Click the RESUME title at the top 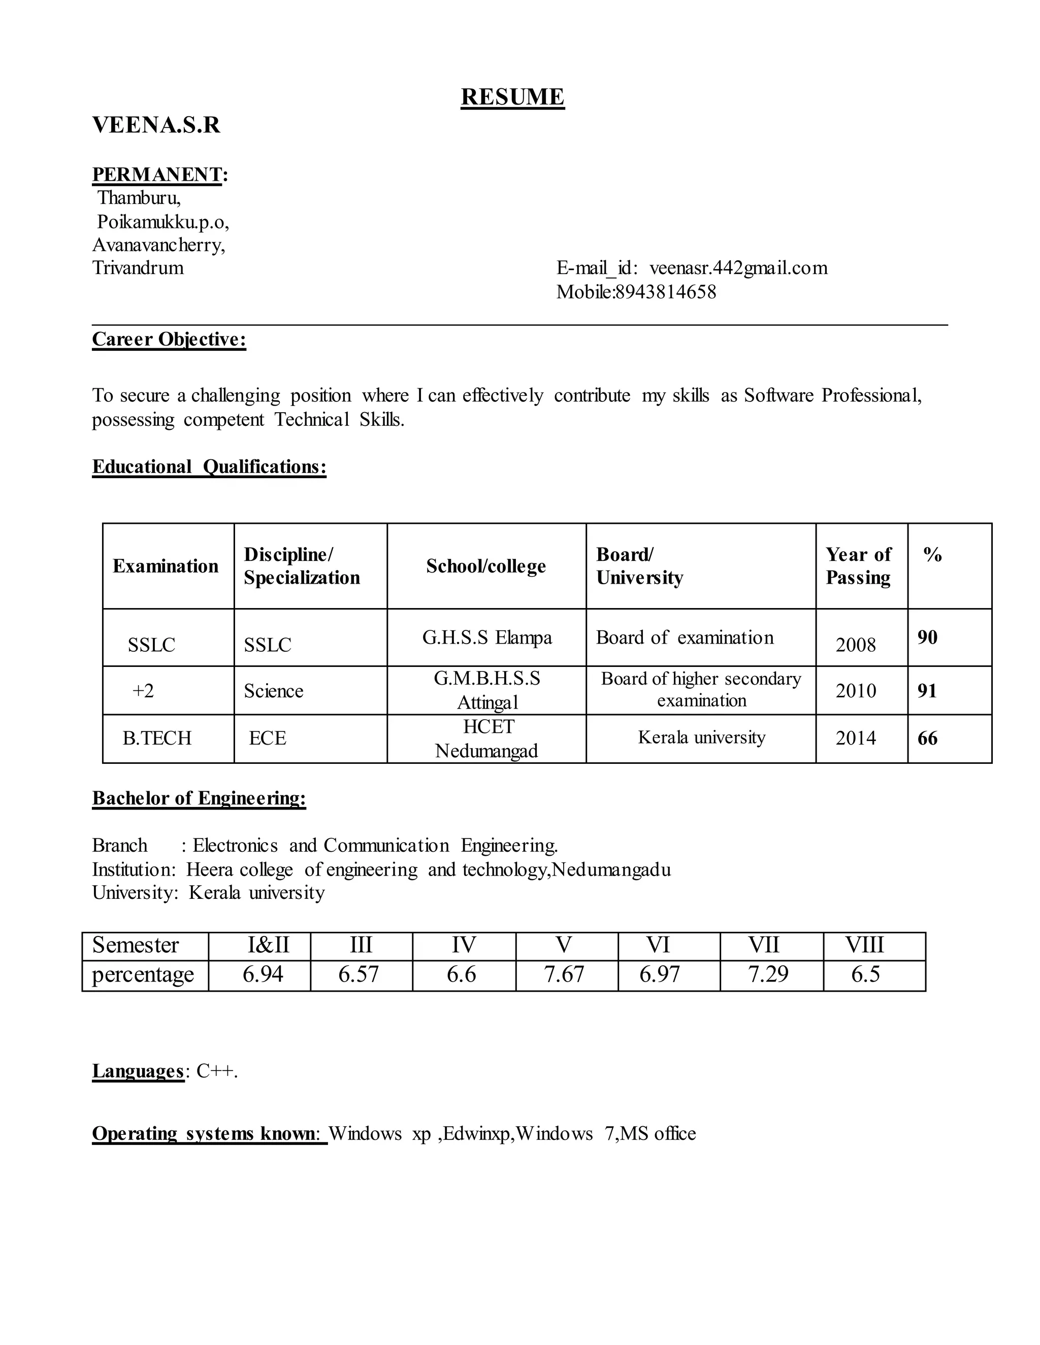pos(512,97)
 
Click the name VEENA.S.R pos(156,125)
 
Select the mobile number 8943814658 pos(666,292)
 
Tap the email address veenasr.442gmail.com pos(738,268)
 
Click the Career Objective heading pos(169,340)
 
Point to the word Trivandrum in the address pos(138,268)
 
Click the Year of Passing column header pos(858,566)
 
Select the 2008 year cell pos(855,645)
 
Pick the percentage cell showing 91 pos(927,691)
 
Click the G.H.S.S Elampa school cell pos(486,637)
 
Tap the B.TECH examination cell pos(157,738)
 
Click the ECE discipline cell pos(268,738)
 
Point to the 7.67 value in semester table pos(564,974)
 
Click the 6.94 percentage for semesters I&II pos(263,974)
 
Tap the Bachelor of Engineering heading pos(199,798)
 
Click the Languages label pos(138,1071)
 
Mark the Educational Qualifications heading pos(209,467)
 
